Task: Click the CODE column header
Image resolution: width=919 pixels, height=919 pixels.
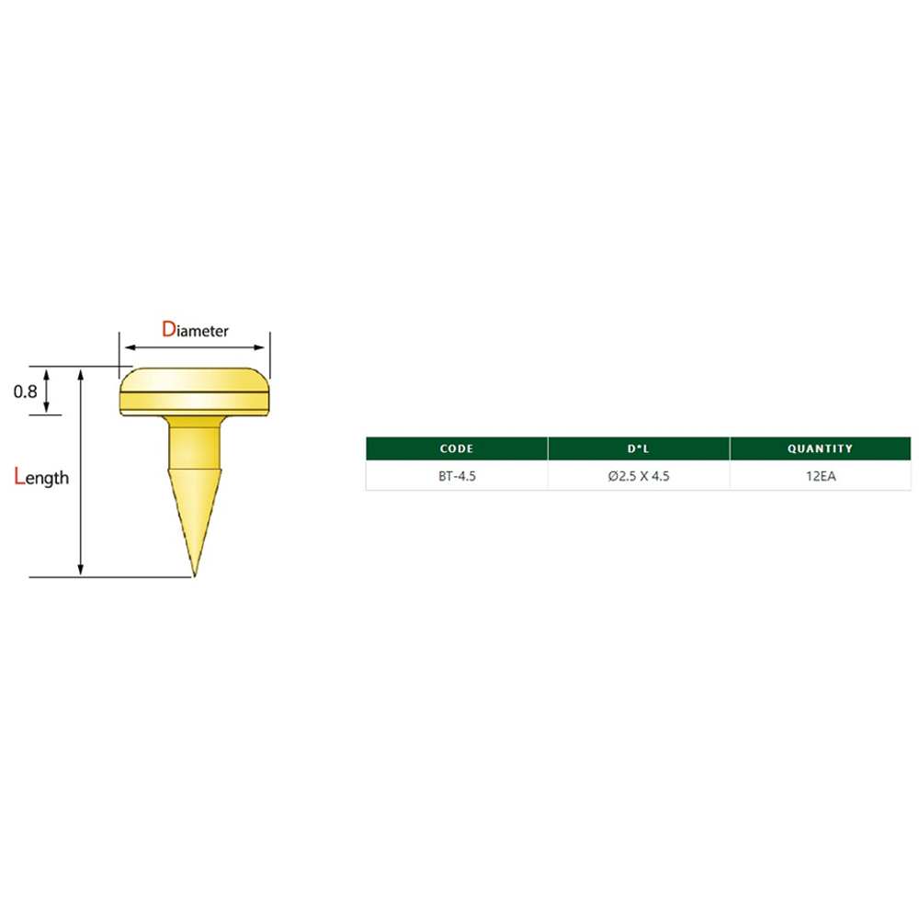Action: [x=457, y=448]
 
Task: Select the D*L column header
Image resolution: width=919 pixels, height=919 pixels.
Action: [x=639, y=448]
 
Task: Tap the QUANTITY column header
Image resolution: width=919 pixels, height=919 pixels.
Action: [x=820, y=448]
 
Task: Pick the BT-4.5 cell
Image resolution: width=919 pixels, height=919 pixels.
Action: [x=457, y=476]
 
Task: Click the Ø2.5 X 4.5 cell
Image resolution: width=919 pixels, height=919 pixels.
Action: [x=639, y=476]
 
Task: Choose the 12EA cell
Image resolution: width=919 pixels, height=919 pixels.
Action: [x=820, y=476]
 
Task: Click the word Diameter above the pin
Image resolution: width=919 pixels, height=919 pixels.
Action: [x=196, y=330]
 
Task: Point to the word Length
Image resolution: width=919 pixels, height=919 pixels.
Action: [x=42, y=477]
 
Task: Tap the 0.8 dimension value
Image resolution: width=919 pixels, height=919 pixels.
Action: [x=26, y=391]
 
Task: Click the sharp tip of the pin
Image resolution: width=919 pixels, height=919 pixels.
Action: [x=195, y=575]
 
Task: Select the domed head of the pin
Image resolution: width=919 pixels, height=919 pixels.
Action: [x=194, y=379]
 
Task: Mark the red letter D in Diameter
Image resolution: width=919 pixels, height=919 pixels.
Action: [x=168, y=329]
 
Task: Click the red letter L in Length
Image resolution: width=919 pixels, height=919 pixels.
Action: [x=20, y=475]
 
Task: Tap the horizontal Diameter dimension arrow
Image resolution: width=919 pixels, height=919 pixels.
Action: [x=195, y=347]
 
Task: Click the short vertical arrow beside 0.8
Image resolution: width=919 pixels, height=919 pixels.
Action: [x=47, y=391]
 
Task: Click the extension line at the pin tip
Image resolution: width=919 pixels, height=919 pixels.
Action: [x=110, y=577]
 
